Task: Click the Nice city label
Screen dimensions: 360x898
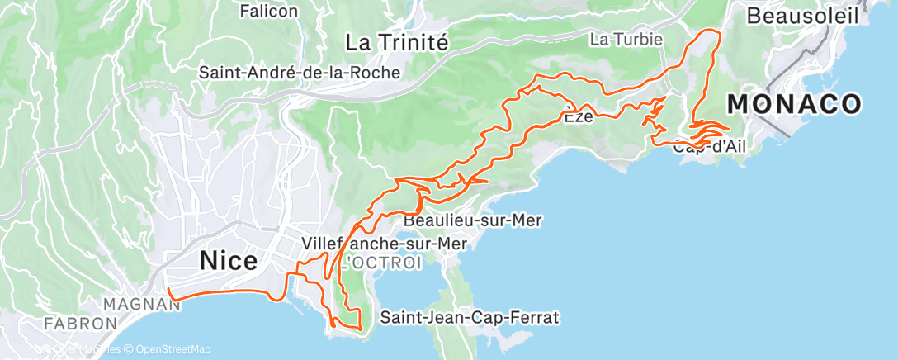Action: tap(229, 261)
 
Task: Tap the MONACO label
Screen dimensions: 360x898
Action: tap(795, 104)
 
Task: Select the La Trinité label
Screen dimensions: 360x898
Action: tap(396, 41)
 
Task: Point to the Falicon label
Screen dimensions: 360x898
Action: tap(267, 12)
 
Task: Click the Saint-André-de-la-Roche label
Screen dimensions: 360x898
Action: tap(300, 73)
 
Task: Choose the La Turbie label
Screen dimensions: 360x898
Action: tap(622, 39)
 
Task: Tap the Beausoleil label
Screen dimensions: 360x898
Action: tap(802, 15)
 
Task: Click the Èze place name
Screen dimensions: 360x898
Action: tap(579, 117)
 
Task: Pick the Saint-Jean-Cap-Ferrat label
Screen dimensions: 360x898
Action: tap(470, 317)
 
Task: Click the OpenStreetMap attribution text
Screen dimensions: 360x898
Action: tap(173, 349)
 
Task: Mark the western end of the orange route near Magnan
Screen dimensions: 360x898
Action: tap(168, 290)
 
